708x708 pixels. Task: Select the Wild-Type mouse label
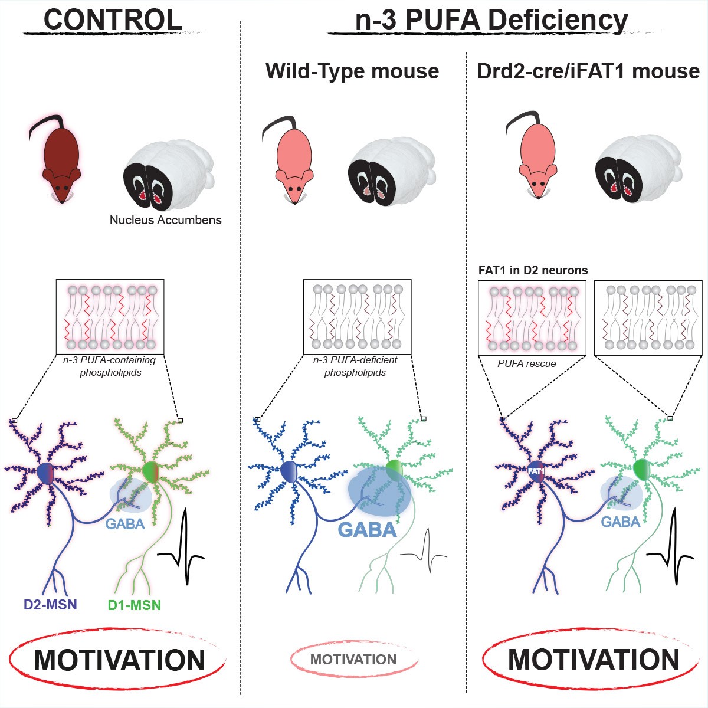tap(352, 71)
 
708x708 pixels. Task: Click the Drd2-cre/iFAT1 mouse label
tap(588, 71)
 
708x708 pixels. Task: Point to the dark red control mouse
tap(61, 159)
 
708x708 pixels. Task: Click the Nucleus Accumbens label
tap(166, 220)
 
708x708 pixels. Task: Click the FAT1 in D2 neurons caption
tap(533, 270)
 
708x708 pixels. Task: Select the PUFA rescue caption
tap(526, 363)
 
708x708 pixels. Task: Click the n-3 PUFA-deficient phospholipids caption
tap(355, 366)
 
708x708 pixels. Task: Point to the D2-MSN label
tap(50, 604)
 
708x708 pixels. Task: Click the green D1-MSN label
tap(135, 605)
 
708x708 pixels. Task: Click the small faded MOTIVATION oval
tap(353, 660)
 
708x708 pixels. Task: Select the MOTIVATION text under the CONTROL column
tap(119, 660)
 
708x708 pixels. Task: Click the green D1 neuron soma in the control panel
tap(151, 471)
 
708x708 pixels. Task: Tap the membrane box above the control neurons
tap(110, 316)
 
